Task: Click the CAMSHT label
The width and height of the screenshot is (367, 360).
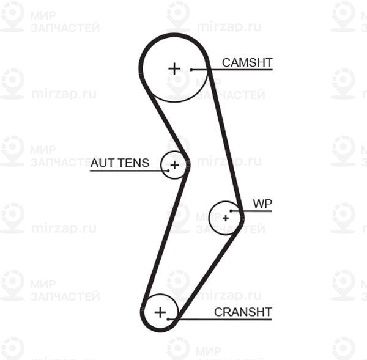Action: click(x=247, y=63)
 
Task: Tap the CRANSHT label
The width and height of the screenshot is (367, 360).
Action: click(x=243, y=312)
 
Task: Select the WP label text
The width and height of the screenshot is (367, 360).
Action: click(x=262, y=204)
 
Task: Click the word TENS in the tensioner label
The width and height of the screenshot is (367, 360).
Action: click(x=133, y=163)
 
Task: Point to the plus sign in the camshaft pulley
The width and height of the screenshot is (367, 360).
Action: click(x=174, y=69)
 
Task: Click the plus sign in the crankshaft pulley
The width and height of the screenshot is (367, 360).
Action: click(x=160, y=312)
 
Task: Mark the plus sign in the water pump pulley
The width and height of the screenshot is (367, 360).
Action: click(x=226, y=218)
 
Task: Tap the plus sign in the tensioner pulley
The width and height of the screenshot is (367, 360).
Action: click(x=174, y=166)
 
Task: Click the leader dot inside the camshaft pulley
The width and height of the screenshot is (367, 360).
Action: click(x=191, y=70)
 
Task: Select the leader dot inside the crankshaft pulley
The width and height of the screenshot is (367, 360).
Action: click(x=168, y=319)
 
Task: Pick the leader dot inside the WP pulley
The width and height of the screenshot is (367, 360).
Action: click(x=231, y=211)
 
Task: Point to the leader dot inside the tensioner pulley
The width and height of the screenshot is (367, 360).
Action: click(x=168, y=171)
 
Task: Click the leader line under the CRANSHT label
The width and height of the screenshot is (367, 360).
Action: click(x=220, y=319)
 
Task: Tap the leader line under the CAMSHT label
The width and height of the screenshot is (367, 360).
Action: click(x=232, y=70)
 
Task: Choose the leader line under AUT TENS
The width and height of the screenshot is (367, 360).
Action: click(x=129, y=171)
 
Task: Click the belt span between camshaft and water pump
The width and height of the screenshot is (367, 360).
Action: click(x=224, y=138)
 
